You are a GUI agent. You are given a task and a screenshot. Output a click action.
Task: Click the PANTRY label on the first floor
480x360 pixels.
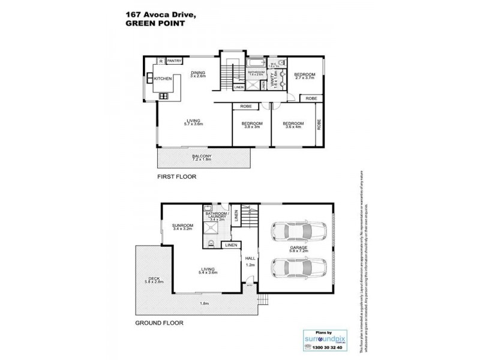[x=175, y=61]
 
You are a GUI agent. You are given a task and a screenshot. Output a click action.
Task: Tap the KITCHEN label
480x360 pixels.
[x=163, y=79]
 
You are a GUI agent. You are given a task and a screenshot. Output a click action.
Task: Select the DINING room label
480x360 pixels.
[x=198, y=73]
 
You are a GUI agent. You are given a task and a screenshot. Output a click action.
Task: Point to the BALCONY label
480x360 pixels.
[x=202, y=157]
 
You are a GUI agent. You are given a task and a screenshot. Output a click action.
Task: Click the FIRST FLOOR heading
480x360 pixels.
[x=177, y=178]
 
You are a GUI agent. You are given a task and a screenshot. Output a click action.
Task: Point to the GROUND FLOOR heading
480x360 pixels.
[x=159, y=322]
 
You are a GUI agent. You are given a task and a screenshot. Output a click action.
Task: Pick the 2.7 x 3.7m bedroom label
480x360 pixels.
[x=304, y=75]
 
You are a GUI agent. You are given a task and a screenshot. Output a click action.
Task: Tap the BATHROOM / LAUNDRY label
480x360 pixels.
[x=215, y=216]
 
